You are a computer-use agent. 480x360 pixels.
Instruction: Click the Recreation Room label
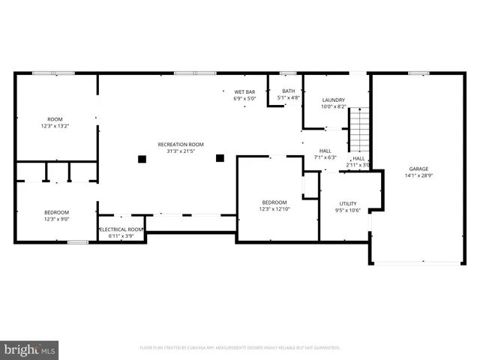[x=180, y=144]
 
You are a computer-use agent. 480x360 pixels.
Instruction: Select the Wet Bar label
[x=244, y=91]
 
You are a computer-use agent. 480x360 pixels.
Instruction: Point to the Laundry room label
[x=333, y=100]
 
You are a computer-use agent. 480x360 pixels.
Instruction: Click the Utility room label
[x=347, y=203]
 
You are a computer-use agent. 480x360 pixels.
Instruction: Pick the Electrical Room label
[x=120, y=229]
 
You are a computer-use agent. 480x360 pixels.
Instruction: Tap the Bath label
[x=289, y=91]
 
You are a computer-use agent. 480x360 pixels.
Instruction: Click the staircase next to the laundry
[x=361, y=130]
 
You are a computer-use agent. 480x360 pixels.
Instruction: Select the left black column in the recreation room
[x=141, y=158]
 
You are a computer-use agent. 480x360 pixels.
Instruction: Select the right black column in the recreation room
[x=220, y=158]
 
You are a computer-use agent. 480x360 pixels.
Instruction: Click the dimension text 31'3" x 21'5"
[x=180, y=151]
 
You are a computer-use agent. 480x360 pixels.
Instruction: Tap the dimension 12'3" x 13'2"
[x=55, y=126]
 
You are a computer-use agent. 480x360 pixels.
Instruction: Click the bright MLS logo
[x=30, y=349]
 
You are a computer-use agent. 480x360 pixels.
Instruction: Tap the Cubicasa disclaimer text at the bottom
[x=240, y=347]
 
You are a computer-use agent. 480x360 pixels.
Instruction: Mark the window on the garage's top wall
[x=418, y=73]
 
